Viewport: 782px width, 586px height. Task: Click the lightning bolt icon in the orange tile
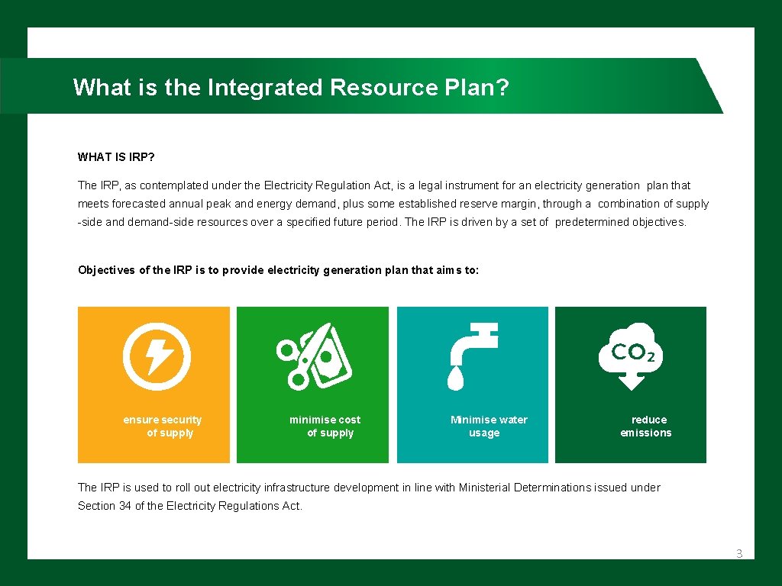click(157, 356)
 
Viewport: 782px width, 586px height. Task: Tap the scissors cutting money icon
click(314, 356)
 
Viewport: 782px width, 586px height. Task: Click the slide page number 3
click(738, 554)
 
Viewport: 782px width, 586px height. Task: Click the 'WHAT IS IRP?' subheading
click(116, 157)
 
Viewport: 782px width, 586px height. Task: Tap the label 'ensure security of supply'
click(163, 427)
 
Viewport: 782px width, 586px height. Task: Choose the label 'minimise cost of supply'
click(325, 427)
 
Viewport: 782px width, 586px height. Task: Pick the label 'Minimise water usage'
click(488, 427)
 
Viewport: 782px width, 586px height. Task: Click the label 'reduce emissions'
click(646, 427)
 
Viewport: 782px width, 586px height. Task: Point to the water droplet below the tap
click(455, 378)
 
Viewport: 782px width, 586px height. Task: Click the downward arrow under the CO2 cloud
click(631, 381)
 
